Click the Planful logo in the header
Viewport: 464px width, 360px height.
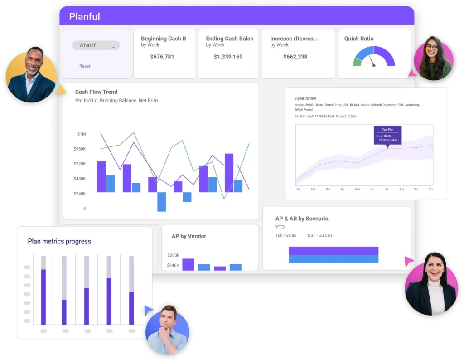84,17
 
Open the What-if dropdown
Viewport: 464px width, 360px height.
96,45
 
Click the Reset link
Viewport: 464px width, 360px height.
85,66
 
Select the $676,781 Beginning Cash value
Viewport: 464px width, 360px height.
162,57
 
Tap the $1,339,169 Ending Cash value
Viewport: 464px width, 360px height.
228,57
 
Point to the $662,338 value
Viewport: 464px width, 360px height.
295,57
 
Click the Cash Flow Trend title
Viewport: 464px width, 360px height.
96,92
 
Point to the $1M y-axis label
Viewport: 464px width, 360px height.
82,134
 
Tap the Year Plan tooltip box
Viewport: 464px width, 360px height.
387,135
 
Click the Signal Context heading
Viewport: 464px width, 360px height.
305,98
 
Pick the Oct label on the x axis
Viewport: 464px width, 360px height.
430,189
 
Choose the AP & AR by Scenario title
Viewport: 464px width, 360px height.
302,219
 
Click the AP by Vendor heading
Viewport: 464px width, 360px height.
188,236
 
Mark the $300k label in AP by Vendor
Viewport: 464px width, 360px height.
173,255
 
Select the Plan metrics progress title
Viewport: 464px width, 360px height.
59,241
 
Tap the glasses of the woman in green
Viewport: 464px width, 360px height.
431,48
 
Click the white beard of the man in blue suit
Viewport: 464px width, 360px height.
32,72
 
